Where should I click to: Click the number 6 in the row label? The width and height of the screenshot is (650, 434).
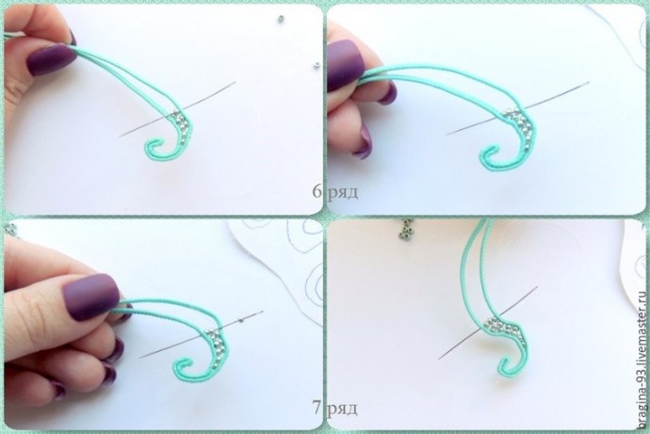317,191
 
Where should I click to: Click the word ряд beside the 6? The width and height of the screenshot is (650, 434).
343,193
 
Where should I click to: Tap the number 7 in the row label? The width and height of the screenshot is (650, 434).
317,408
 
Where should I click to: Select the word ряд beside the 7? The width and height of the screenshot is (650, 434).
342,410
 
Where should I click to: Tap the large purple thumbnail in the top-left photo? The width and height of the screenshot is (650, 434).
51,59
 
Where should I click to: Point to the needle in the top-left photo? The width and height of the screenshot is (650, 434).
177,109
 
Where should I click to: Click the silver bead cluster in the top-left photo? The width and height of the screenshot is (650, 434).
182,124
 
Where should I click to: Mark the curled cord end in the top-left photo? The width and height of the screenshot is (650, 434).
155,150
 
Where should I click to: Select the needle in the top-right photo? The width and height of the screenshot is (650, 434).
518,108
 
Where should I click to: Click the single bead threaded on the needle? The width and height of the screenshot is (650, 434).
240,319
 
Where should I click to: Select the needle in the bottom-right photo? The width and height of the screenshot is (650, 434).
488,323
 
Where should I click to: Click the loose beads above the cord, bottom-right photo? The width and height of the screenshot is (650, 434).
406,229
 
